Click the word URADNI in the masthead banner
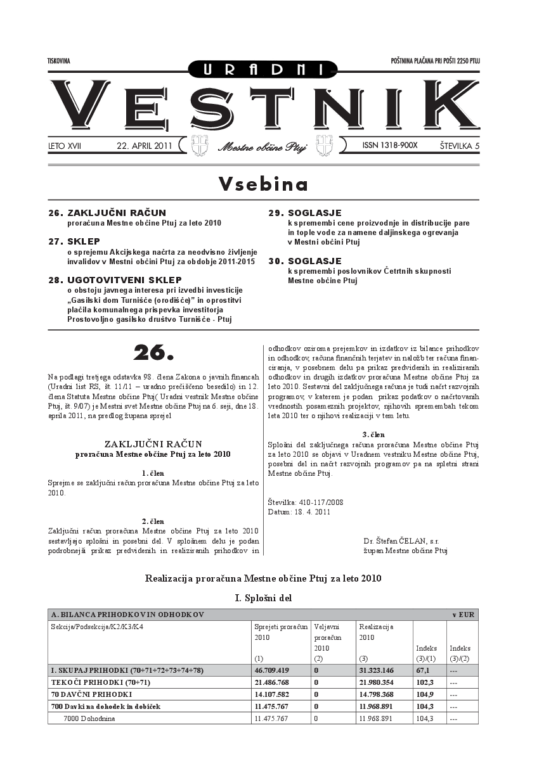(263, 69)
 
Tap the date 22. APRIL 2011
(145, 146)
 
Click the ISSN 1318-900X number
(390, 145)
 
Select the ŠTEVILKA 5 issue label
(459, 146)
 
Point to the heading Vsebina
(263, 184)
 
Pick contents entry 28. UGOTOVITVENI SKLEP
(115, 279)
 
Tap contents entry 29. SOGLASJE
(305, 213)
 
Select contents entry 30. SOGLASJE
(305, 260)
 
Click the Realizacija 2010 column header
(376, 632)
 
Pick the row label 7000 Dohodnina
(89, 718)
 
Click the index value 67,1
(423, 670)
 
